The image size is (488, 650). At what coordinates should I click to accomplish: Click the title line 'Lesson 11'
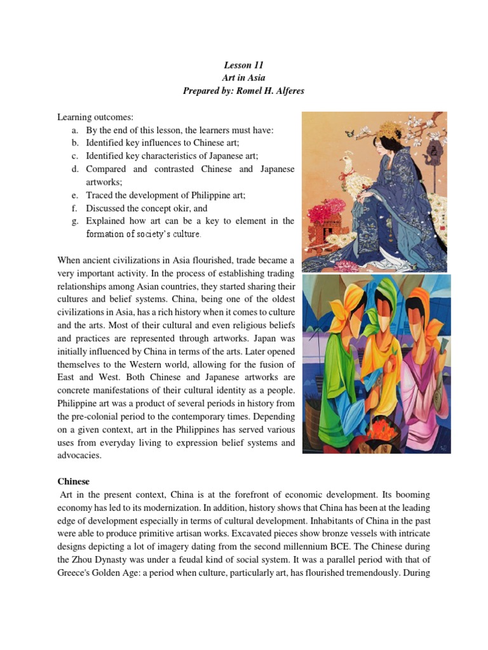(244, 65)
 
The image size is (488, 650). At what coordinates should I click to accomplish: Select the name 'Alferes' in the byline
(286, 90)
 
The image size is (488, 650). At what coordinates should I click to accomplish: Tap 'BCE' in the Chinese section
(346, 547)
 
